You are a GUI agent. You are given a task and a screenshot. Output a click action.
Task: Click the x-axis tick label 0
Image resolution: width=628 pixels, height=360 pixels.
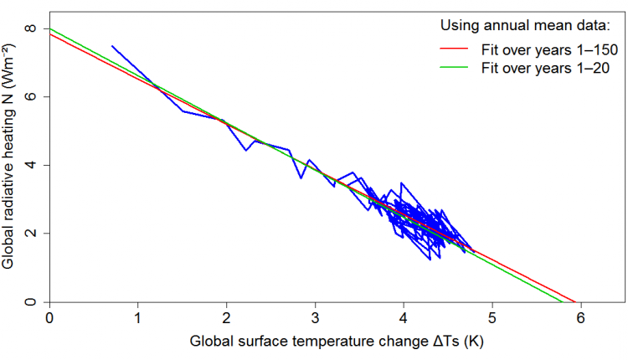point(49,318)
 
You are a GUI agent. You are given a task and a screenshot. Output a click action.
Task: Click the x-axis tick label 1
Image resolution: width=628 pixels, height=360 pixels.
point(138,318)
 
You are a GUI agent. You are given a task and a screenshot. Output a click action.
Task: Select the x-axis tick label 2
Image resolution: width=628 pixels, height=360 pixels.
point(227,318)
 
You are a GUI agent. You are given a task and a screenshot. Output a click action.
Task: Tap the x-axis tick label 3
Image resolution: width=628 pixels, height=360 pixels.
point(315,318)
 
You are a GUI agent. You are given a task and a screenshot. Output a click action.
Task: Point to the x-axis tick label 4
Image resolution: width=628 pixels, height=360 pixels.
point(404,318)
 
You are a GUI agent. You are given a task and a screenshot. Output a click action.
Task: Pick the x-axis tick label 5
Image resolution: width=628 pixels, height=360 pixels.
point(492,318)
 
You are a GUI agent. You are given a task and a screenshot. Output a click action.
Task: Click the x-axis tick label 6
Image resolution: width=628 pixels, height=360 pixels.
point(580,318)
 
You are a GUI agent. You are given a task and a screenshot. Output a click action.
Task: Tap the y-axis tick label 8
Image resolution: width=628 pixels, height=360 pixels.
point(32,28)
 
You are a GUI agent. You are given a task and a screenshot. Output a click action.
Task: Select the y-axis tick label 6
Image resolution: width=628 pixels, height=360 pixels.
point(32,97)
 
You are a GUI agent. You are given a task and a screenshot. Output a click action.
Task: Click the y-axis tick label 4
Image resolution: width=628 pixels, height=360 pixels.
point(32,165)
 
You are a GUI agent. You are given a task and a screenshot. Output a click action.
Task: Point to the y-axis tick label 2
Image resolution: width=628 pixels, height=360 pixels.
point(32,234)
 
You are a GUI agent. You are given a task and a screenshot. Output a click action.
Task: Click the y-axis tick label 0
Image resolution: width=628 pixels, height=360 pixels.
point(32,301)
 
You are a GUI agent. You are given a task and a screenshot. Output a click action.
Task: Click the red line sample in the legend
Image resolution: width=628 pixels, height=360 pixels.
point(459,49)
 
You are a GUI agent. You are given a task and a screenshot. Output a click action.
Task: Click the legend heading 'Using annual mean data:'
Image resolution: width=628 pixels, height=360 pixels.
point(524,26)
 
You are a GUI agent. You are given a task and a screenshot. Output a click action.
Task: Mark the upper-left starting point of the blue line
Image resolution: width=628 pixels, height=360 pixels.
point(111,46)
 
